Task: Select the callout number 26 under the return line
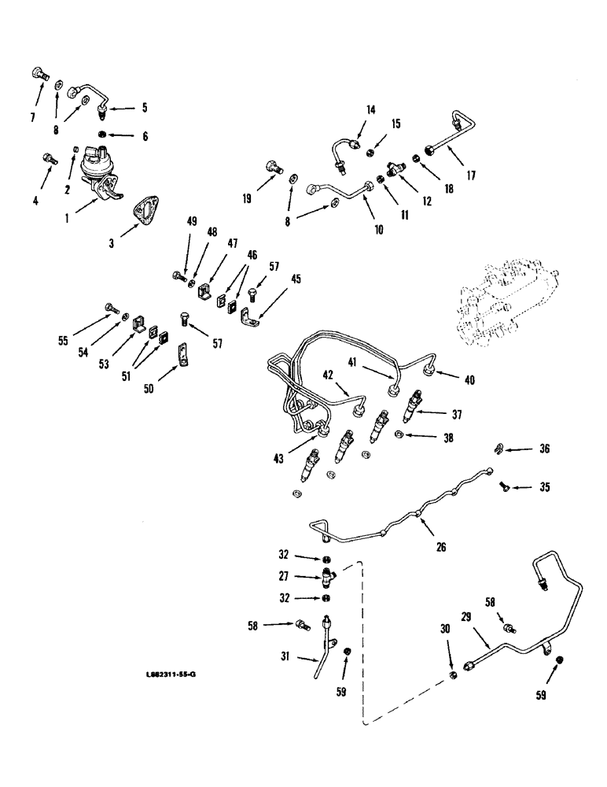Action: coord(441,546)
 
